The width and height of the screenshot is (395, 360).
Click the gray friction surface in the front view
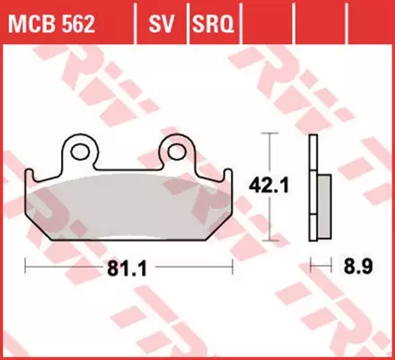click(x=129, y=204)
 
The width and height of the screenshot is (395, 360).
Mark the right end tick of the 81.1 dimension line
click(x=233, y=266)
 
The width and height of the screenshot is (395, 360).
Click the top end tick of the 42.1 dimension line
click(x=267, y=135)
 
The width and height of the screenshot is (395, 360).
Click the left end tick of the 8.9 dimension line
click(x=310, y=266)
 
